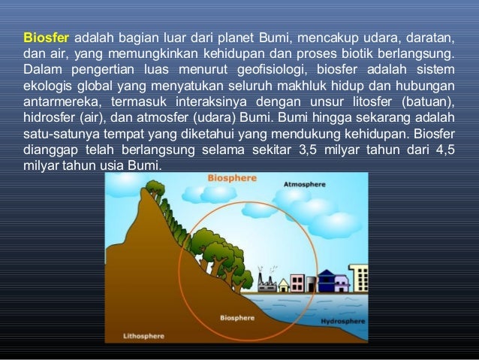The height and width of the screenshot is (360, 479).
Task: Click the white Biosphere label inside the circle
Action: (x=239, y=318)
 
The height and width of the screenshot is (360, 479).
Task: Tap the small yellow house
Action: (x=284, y=286)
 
